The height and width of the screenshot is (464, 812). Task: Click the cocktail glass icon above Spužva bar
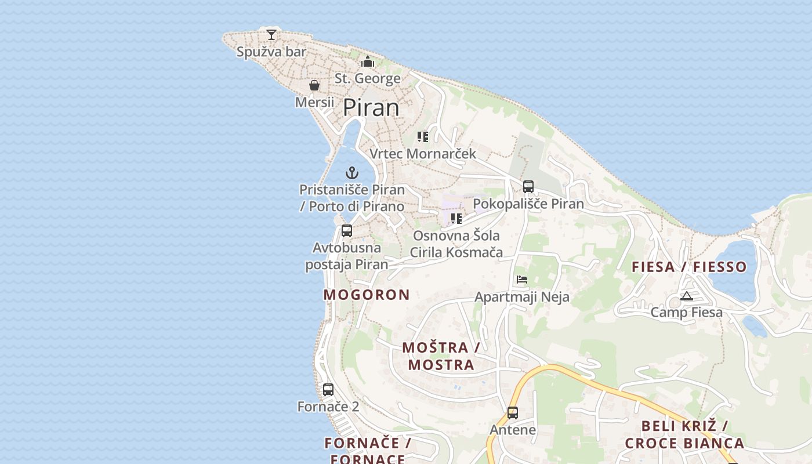click(271, 35)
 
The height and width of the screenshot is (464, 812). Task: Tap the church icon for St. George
click(368, 61)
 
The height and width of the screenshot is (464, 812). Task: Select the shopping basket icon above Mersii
click(314, 86)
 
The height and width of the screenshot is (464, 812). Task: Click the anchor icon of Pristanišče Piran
click(352, 173)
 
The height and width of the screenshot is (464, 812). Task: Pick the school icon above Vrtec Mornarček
click(423, 137)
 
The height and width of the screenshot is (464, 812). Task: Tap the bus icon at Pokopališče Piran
click(528, 187)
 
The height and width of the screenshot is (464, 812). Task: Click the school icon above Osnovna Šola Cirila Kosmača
click(456, 219)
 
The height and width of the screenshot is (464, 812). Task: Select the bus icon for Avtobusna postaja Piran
click(347, 231)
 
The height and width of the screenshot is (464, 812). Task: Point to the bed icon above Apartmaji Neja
click(522, 280)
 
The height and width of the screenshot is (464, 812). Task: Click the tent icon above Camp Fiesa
click(687, 296)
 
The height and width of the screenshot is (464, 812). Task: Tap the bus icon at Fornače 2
click(328, 390)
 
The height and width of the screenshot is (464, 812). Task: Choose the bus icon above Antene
click(513, 413)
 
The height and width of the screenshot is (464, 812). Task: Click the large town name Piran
click(371, 108)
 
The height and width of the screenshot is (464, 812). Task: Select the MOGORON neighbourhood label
click(367, 295)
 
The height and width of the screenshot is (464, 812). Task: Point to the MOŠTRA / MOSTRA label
click(441, 356)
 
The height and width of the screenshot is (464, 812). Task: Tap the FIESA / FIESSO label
click(689, 267)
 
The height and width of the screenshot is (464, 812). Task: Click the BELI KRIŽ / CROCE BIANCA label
click(684, 434)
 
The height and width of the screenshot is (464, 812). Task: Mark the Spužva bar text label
click(271, 52)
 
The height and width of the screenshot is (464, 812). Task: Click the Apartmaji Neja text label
click(522, 297)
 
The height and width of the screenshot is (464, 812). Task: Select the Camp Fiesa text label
click(687, 313)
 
